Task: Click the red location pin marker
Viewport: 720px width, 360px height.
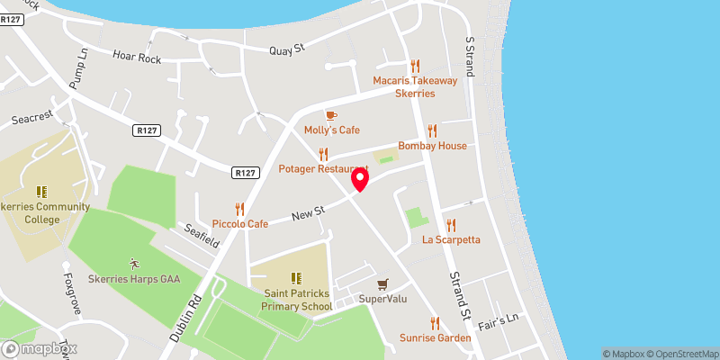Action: pos(360,178)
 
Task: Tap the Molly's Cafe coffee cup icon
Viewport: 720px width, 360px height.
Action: pos(330,115)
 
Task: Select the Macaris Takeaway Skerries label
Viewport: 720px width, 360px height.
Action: pos(416,86)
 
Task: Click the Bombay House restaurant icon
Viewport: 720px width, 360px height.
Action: pos(432,130)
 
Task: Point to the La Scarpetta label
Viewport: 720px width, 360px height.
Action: pos(451,239)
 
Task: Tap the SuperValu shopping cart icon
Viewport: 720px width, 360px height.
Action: pos(383,283)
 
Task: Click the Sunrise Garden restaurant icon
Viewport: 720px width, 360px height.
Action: pos(435,323)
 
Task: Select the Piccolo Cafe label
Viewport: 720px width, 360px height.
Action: pos(239,223)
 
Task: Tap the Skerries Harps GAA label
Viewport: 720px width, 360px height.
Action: pos(134,279)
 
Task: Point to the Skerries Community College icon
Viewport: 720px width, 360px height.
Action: pos(41,192)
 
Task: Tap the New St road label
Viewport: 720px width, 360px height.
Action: pos(307,213)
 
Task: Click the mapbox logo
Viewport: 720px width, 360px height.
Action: pos(40,348)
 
